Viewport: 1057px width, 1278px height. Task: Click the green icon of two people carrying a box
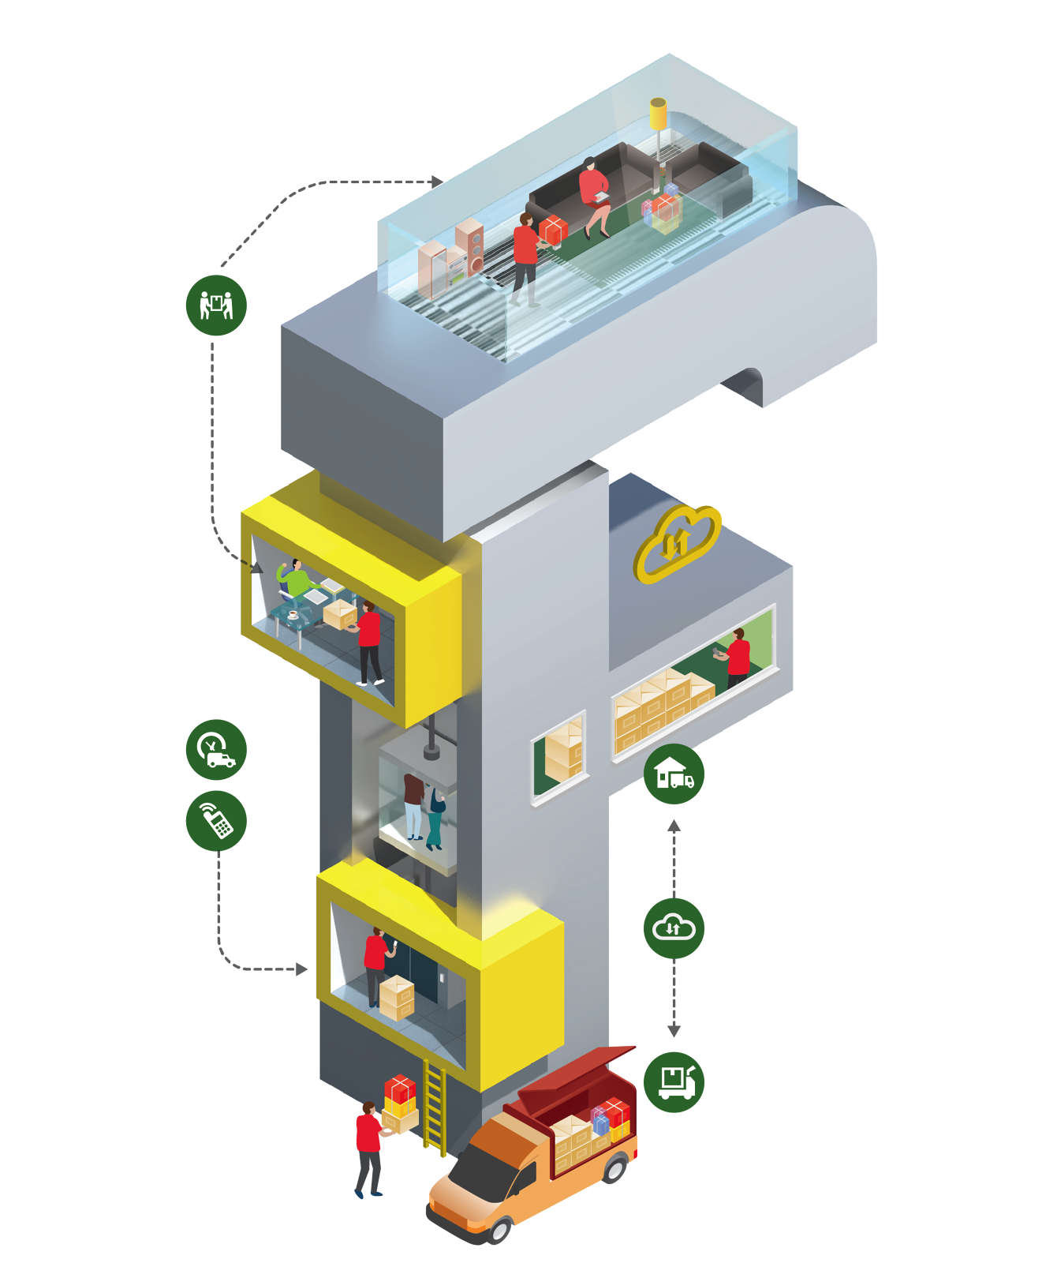tap(216, 305)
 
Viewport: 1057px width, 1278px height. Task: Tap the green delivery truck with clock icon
tap(216, 749)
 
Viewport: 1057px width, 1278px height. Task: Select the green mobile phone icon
tap(216, 821)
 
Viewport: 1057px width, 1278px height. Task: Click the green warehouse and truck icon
tap(674, 774)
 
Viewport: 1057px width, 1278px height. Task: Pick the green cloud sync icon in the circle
tap(674, 928)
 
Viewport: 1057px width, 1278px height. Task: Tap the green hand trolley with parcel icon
tap(674, 1081)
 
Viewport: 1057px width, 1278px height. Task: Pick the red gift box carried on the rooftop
tap(554, 230)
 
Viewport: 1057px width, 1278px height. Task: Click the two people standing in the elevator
tap(423, 809)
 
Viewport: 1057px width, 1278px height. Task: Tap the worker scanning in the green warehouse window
tap(737, 656)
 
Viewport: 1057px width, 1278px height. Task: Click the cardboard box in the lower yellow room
tap(397, 997)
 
